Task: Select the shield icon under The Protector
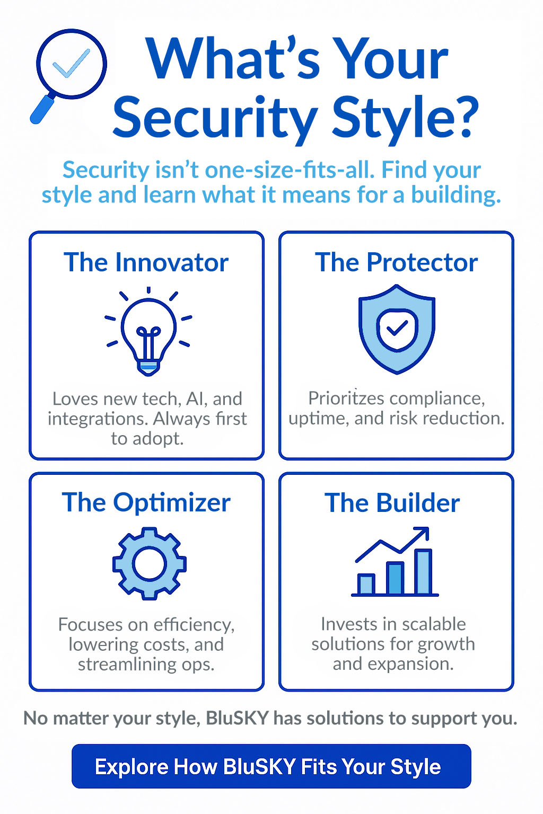click(397, 329)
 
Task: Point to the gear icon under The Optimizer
click(149, 563)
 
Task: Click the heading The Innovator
click(146, 263)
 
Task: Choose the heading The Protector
click(396, 263)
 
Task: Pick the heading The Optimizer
click(146, 503)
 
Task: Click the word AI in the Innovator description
click(195, 399)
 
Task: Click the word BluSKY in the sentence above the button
click(237, 719)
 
